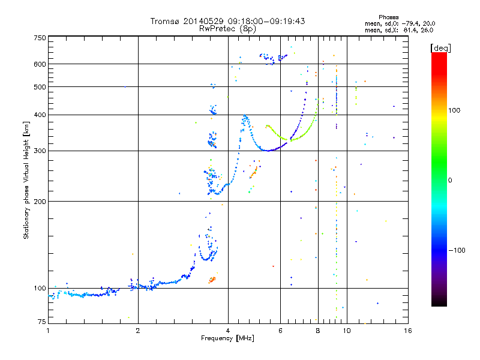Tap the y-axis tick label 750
coord(40,38)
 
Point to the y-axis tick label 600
coord(40,64)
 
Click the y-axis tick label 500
coord(40,87)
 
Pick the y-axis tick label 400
coord(40,115)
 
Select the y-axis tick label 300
coord(40,151)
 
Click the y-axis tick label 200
coord(40,202)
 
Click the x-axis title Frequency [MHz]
coord(227,339)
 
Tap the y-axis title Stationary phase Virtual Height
coord(26,180)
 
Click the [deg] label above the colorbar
coord(440,47)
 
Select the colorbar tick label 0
coord(450,180)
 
